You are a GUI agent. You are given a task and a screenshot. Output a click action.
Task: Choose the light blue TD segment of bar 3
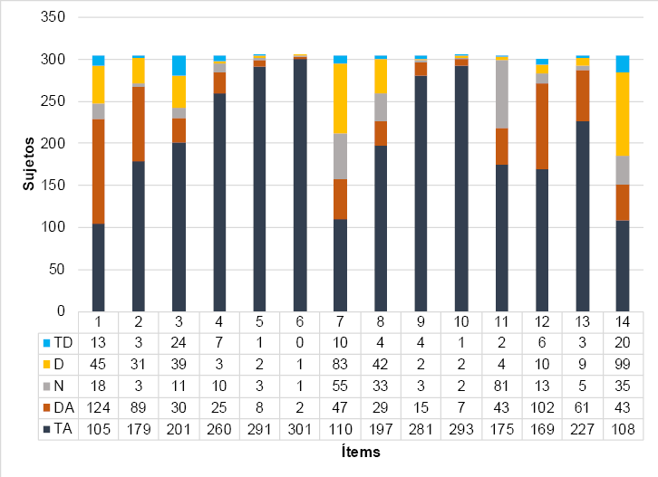tap(179, 65)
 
